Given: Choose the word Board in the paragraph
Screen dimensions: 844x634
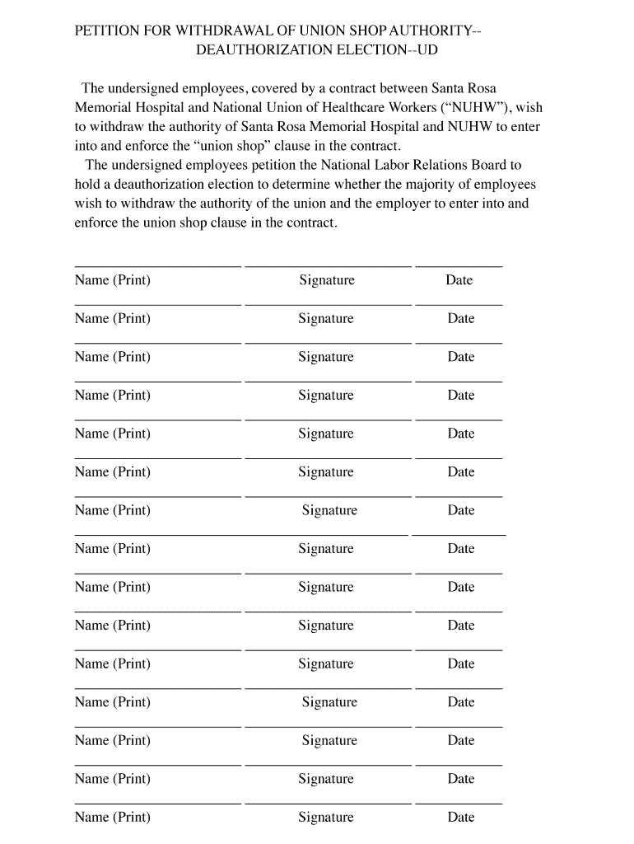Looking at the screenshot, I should tap(490, 165).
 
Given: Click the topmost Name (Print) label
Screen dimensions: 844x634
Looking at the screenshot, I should tap(112, 280).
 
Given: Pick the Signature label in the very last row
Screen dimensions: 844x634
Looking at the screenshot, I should tap(326, 818).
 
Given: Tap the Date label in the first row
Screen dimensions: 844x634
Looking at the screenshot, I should tap(459, 280).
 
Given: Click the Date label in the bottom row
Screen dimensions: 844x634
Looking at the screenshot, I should tap(461, 818).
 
